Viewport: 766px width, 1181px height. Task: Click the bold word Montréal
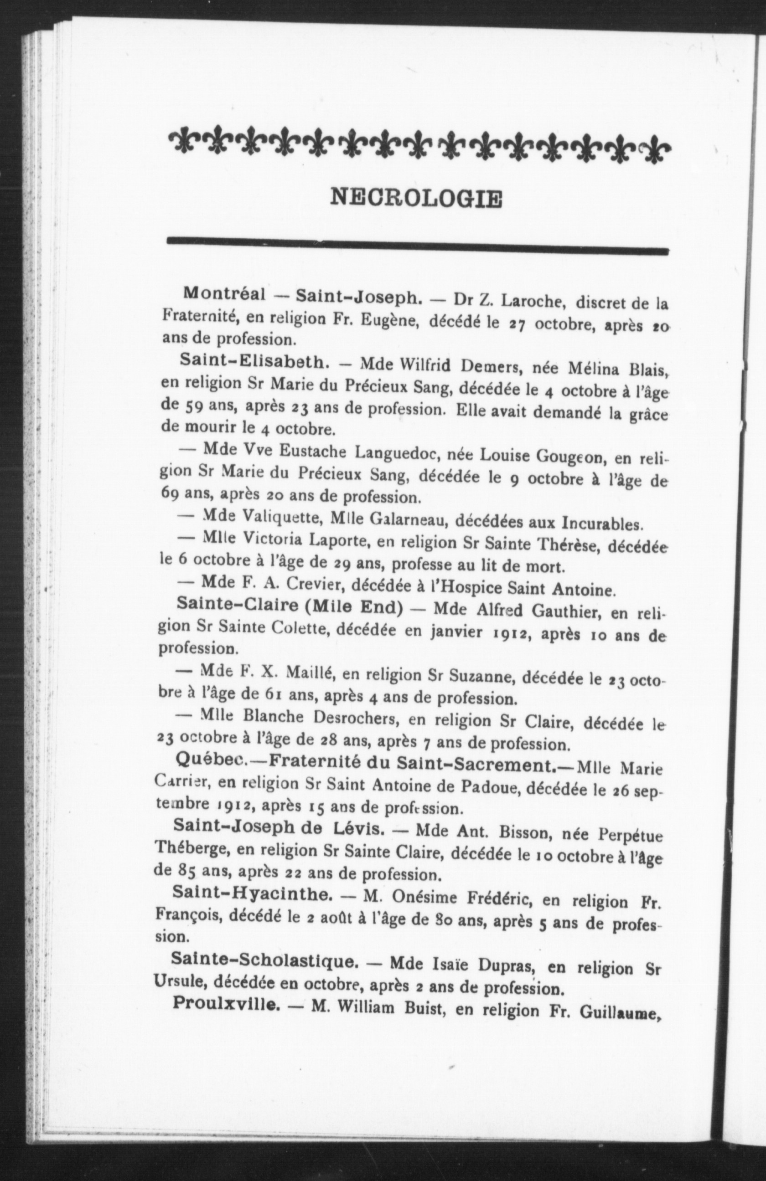coord(224,294)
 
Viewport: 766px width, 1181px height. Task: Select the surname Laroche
coord(531,300)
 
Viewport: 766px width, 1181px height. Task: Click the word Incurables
coord(602,524)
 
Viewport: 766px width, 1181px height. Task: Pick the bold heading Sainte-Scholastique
coord(264,960)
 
